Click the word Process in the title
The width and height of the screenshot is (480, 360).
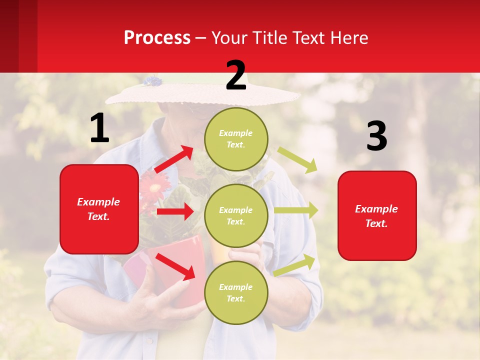(x=157, y=37)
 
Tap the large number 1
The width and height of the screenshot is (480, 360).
(x=99, y=128)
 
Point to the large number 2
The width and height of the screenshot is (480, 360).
(x=236, y=75)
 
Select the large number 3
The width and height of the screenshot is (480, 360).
(x=376, y=136)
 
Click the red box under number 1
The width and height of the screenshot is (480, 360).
(x=99, y=209)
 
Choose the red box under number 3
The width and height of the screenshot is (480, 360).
(x=377, y=215)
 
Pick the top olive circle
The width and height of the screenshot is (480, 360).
(x=236, y=139)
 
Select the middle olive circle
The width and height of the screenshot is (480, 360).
(x=236, y=215)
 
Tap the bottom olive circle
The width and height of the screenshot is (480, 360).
(x=236, y=292)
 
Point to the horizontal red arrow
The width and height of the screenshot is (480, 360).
(x=175, y=211)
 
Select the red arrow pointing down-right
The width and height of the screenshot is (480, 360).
(x=175, y=266)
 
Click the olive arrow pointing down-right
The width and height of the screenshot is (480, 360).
(x=297, y=160)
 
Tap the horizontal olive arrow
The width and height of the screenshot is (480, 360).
(x=295, y=210)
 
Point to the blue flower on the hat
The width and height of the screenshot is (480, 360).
(x=152, y=81)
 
